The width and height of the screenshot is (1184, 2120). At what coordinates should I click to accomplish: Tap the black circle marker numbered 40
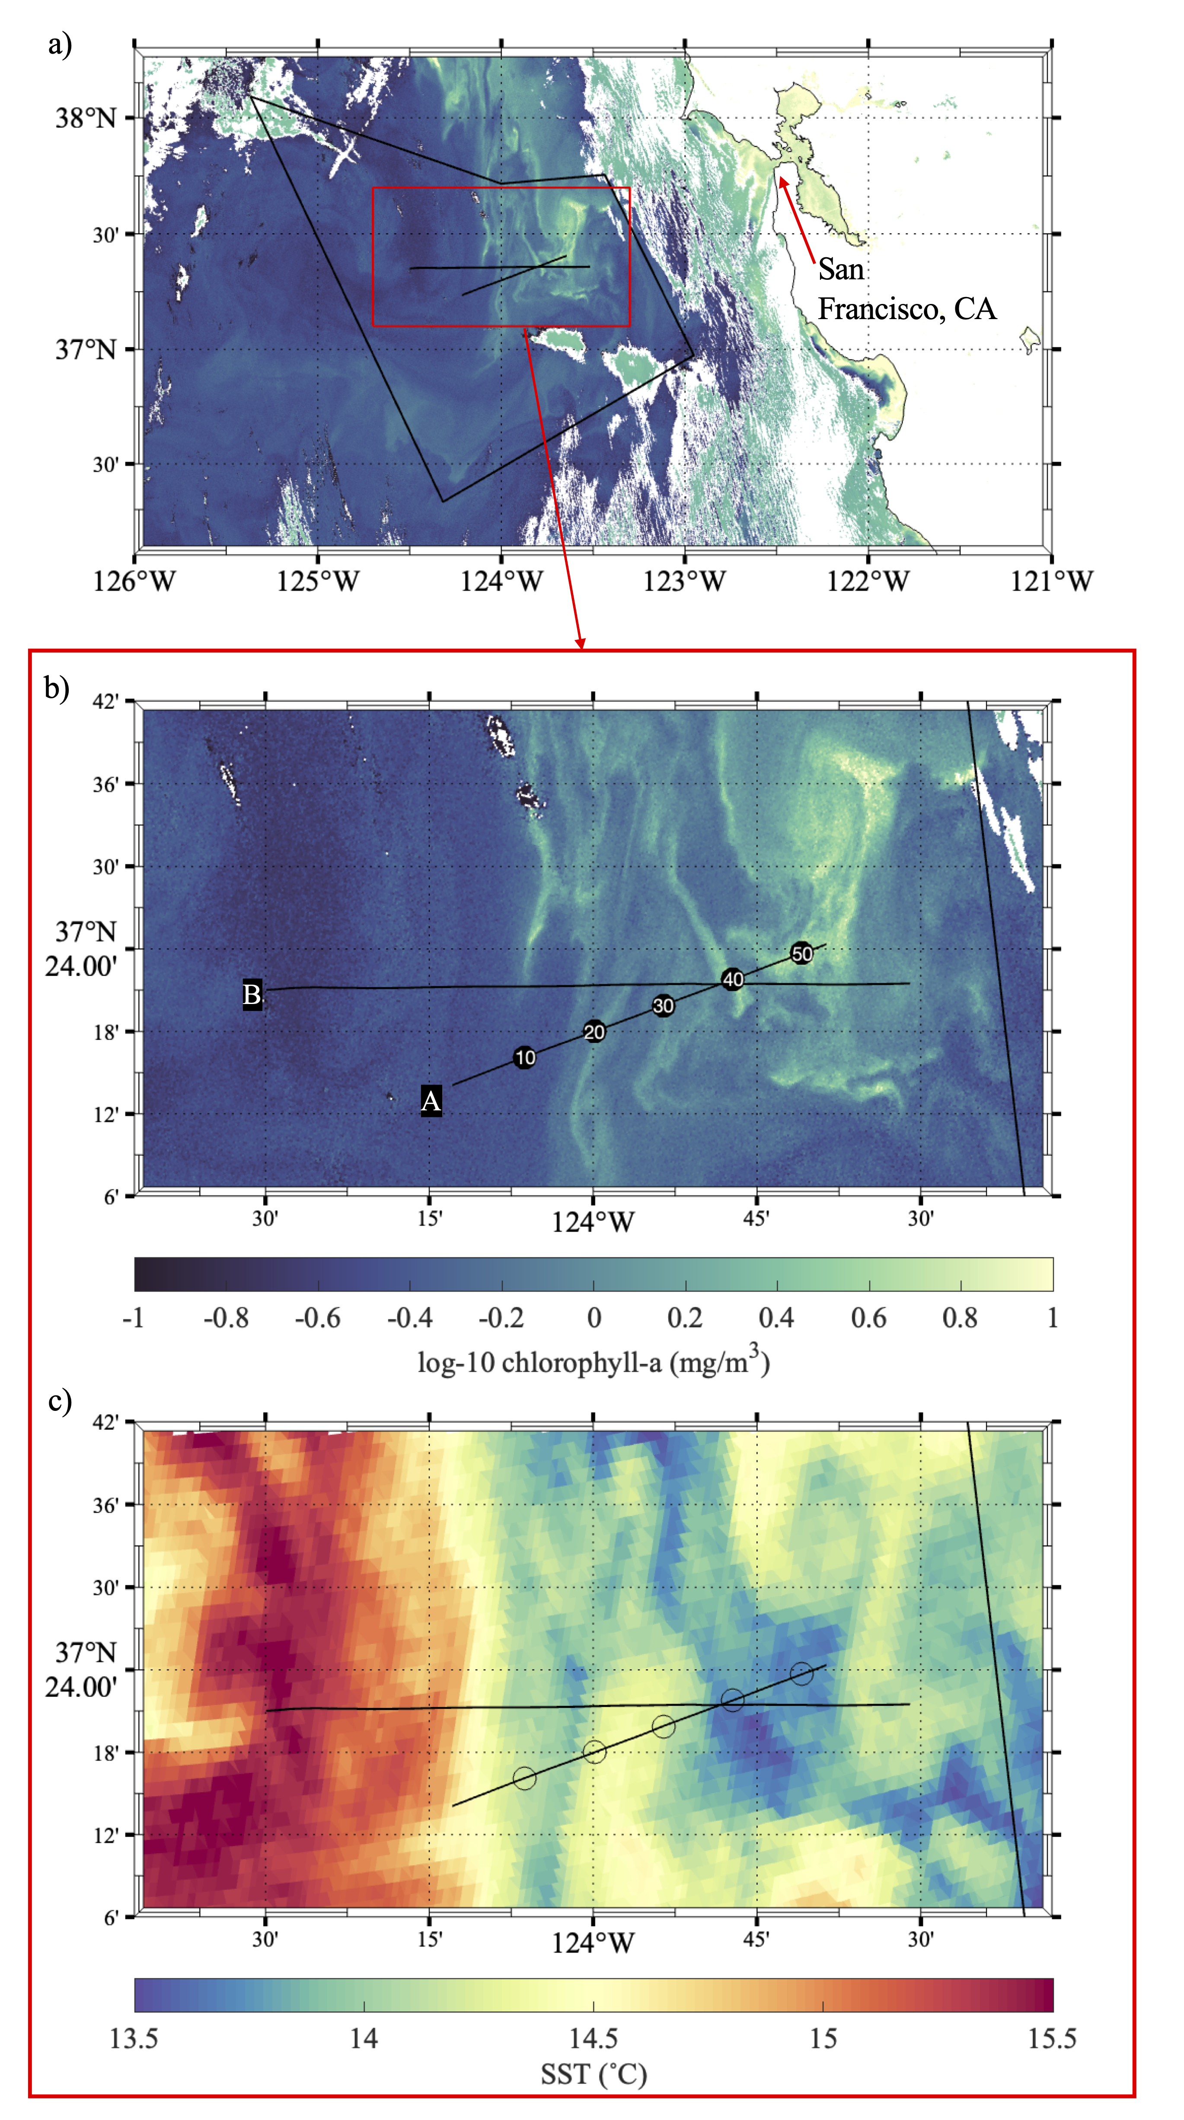click(x=732, y=979)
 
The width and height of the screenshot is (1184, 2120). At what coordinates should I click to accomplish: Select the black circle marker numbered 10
click(x=525, y=1058)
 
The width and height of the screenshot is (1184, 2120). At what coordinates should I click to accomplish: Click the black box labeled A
click(x=430, y=1100)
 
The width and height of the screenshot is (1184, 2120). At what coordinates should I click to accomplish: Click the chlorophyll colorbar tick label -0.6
click(x=318, y=1318)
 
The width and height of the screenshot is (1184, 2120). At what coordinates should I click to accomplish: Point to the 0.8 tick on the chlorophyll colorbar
click(x=960, y=1318)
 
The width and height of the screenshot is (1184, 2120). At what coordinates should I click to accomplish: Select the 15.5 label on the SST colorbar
click(x=1052, y=2039)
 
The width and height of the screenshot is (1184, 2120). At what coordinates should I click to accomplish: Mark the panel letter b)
click(x=57, y=687)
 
